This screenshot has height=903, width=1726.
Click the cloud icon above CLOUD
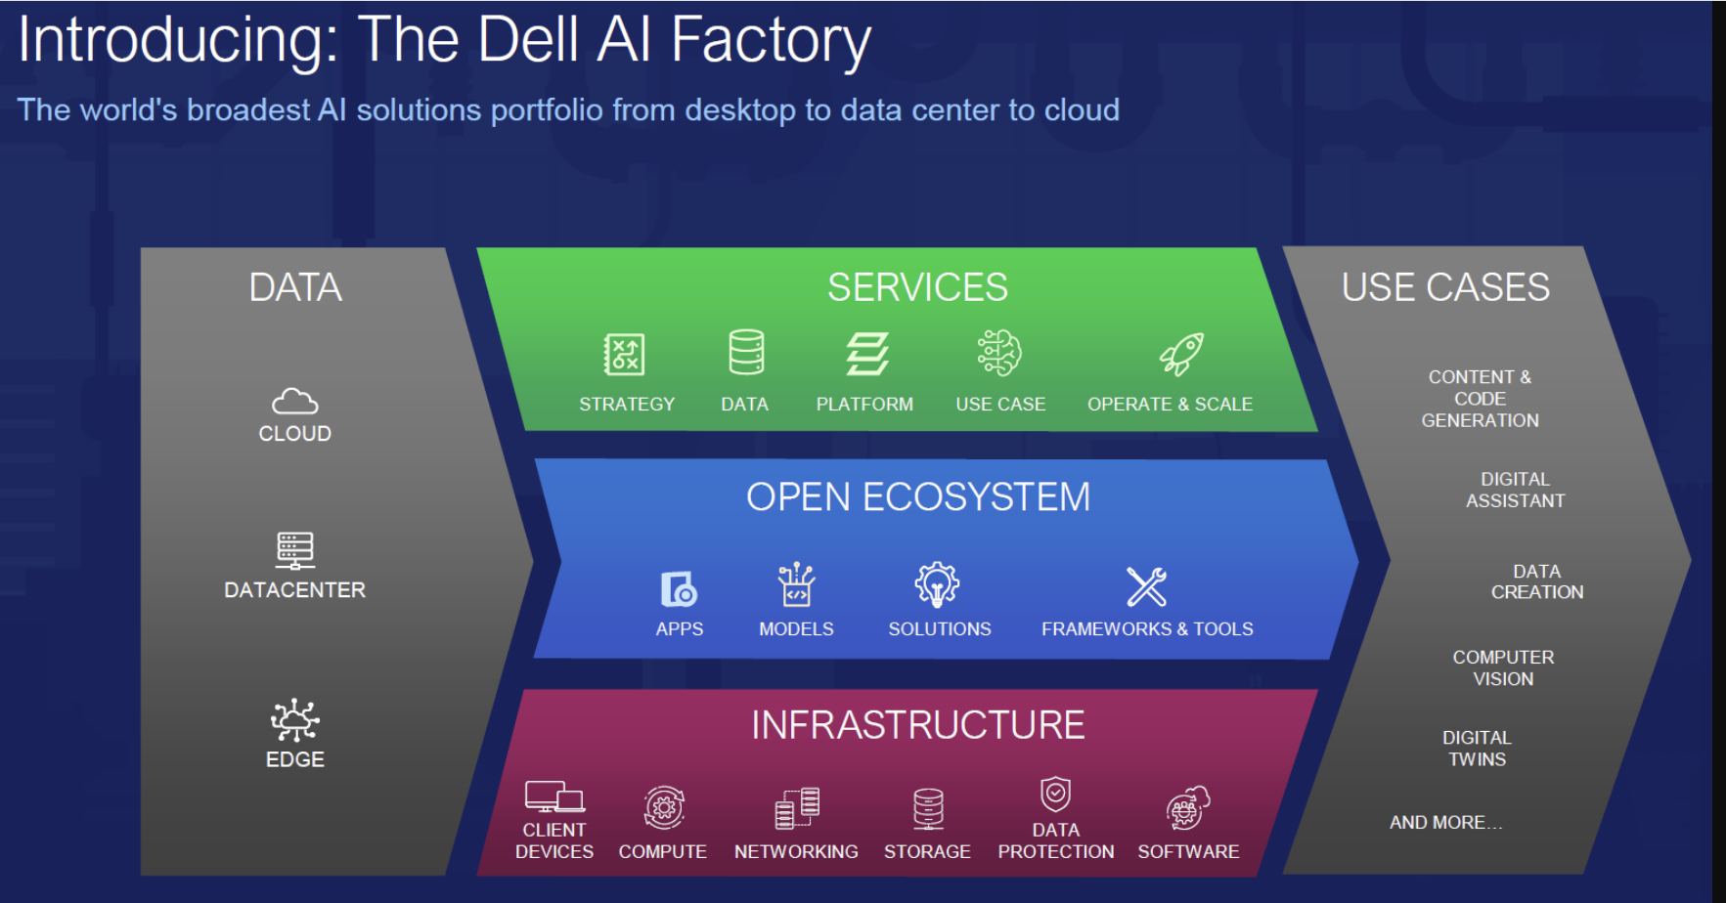[294, 401]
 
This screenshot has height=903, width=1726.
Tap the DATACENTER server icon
[294, 550]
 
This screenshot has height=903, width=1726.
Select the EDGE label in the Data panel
[294, 759]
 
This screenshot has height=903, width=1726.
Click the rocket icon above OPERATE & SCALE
[1181, 354]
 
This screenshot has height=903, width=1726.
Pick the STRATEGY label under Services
[626, 404]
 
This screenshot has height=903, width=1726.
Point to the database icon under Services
[746, 352]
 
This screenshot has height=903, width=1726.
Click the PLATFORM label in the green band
[864, 404]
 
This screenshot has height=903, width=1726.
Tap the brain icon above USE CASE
[999, 353]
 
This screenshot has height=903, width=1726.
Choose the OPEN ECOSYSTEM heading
[917, 497]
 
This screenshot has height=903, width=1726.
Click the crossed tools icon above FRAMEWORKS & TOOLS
[1146, 586]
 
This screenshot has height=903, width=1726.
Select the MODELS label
[796, 629]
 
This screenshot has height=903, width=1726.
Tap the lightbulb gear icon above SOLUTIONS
[937, 584]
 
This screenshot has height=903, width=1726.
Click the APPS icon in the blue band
[679, 589]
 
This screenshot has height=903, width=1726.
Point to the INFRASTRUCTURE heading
[917, 725]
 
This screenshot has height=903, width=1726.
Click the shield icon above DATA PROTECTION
[1055, 794]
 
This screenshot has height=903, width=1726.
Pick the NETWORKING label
[796, 851]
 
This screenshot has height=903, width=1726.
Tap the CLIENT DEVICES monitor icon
[553, 796]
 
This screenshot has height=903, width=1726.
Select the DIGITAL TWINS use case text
[1477, 749]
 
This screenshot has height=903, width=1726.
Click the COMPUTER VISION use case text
[1503, 667]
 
